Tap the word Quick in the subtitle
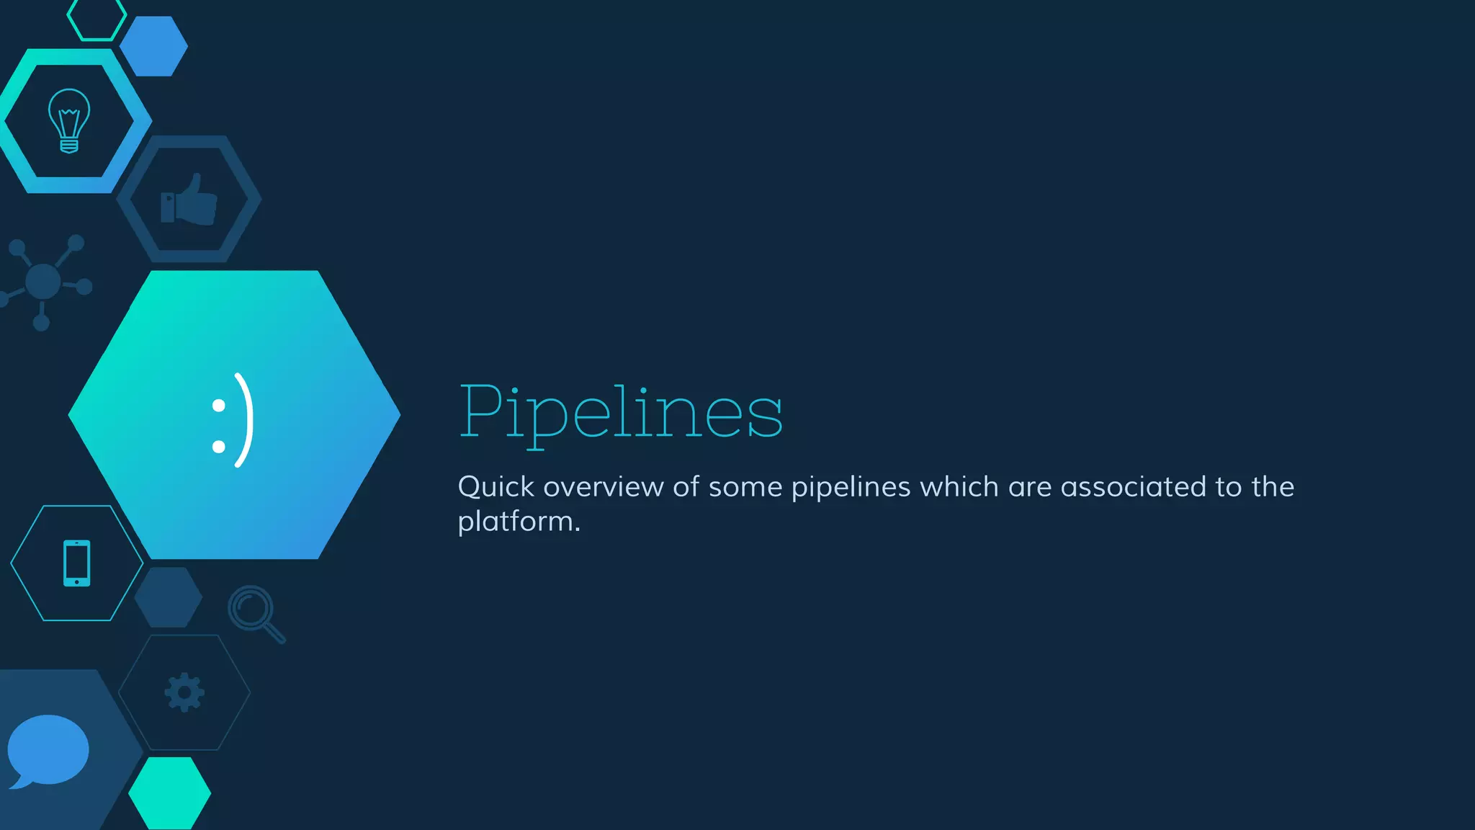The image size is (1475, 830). click(496, 487)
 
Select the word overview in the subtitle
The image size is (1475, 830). click(603, 487)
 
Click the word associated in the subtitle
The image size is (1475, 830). click(1133, 487)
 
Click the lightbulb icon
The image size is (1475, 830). click(69, 120)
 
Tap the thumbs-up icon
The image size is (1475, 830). click(189, 200)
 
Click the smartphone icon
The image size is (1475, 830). click(76, 563)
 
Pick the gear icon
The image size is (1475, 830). click(184, 692)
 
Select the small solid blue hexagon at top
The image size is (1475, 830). click(153, 46)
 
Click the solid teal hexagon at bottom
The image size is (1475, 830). click(170, 793)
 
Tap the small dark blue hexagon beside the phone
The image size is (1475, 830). click(169, 597)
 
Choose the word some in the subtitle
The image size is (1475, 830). click(745, 487)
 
